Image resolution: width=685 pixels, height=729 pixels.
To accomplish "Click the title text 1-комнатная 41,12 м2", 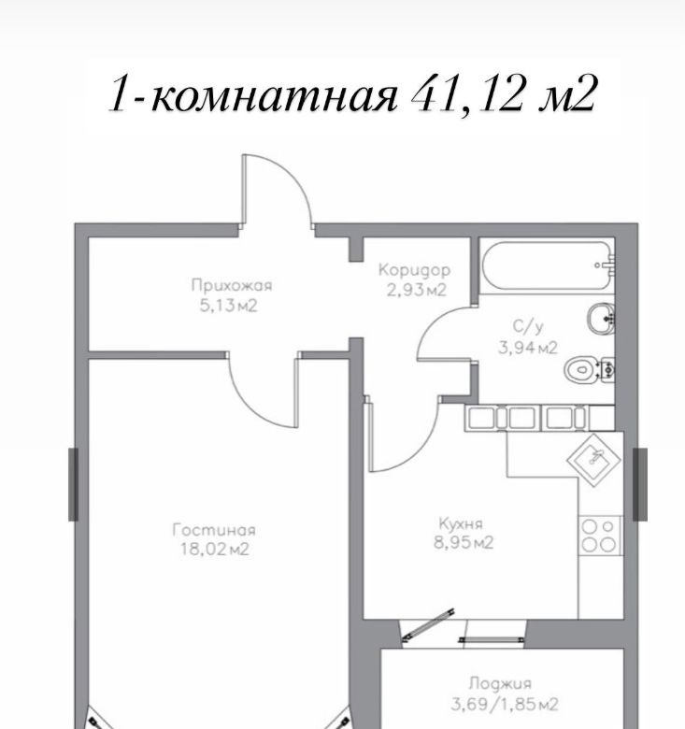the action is click(351, 94).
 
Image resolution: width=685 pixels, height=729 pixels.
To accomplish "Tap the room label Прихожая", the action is click(232, 285).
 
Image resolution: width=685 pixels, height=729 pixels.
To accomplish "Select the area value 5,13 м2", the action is click(228, 306).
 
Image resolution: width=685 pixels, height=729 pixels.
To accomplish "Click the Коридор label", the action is click(414, 270).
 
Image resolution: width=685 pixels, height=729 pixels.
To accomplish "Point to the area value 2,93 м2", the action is click(417, 290).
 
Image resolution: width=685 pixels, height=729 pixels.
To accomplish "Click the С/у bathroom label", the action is click(527, 327).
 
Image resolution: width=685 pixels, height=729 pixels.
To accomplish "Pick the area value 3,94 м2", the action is click(527, 348).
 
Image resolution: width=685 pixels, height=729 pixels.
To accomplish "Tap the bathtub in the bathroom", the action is click(549, 265).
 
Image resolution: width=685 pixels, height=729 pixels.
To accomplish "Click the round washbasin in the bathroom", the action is click(601, 318).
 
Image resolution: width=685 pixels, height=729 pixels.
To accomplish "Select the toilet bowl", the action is click(590, 370).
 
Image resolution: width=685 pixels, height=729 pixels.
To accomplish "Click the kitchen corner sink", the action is click(594, 459).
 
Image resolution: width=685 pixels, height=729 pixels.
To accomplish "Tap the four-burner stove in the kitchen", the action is click(599, 536).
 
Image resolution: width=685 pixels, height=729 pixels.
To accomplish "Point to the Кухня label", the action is click(461, 524).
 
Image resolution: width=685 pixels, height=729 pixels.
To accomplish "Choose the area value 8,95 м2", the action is click(464, 543).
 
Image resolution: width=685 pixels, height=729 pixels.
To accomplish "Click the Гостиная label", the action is click(214, 530).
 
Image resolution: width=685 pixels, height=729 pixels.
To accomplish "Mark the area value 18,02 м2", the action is click(215, 550).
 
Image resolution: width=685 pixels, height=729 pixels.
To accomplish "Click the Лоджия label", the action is click(500, 684).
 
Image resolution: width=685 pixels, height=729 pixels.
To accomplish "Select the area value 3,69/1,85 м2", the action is click(504, 704).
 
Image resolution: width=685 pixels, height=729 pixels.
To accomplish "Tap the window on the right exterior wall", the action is click(640, 484).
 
